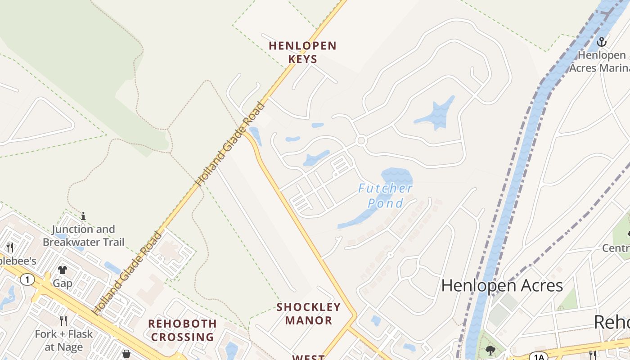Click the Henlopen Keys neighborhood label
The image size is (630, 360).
(302, 52)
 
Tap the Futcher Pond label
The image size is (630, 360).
(386, 196)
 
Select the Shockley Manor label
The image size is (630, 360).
(309, 314)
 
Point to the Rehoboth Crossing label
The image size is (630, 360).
(182, 330)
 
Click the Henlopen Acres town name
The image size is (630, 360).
(502, 285)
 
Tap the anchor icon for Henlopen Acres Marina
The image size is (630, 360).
(602, 42)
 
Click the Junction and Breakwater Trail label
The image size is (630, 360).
(83, 235)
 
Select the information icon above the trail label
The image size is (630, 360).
(83, 216)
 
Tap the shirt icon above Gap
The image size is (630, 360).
(63, 270)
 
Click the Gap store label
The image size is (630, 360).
(63, 283)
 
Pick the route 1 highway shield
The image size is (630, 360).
(27, 280)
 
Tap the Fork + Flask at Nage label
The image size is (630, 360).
(63, 340)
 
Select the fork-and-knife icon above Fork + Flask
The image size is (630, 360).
(63, 320)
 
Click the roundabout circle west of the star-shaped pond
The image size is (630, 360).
(360, 141)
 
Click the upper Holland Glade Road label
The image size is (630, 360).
(230, 144)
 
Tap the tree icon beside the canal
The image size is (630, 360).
(490, 350)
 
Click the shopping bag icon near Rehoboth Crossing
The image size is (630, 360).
(127, 354)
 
